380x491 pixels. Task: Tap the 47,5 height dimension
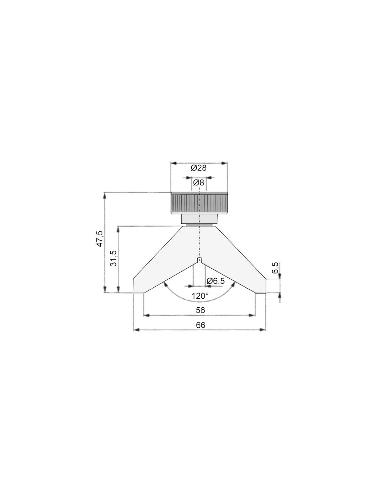100,239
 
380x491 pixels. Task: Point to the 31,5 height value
114,258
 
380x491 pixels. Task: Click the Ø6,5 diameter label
216,281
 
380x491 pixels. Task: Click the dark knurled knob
199,203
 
